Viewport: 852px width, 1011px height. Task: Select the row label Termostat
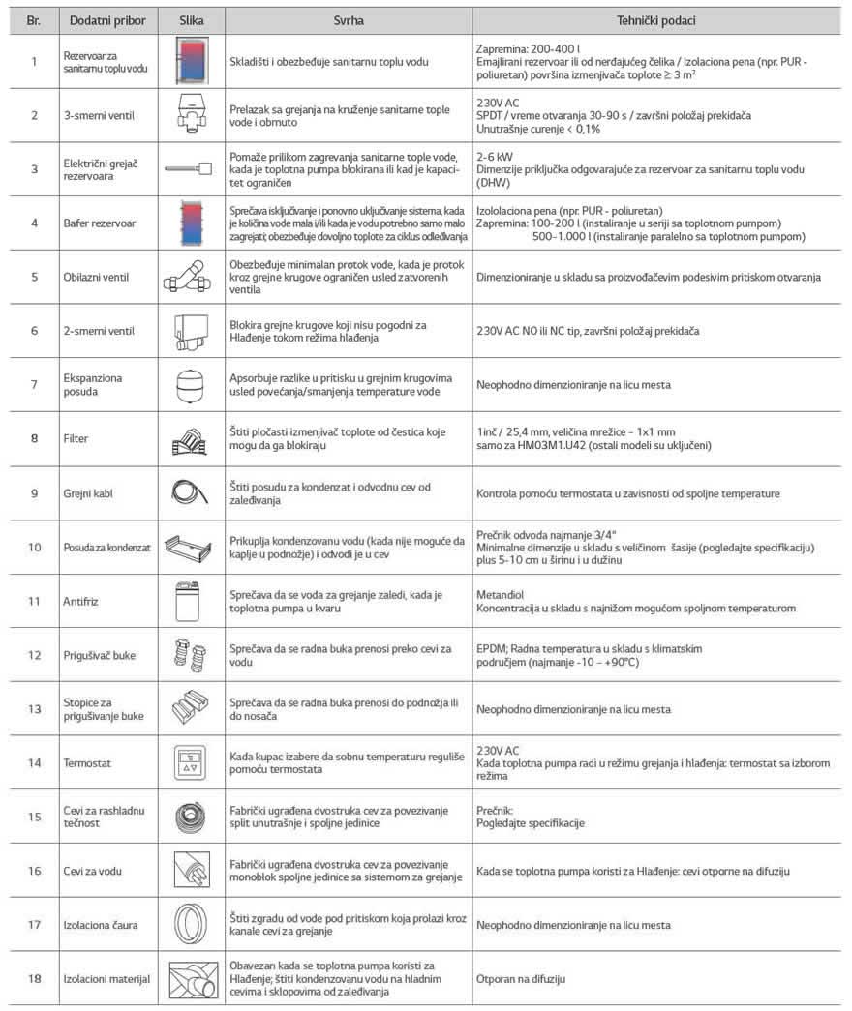(x=86, y=763)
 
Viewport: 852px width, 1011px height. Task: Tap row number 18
(x=34, y=979)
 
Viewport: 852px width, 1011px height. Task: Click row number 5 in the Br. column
(x=34, y=277)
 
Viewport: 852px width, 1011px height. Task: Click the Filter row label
(x=76, y=439)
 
